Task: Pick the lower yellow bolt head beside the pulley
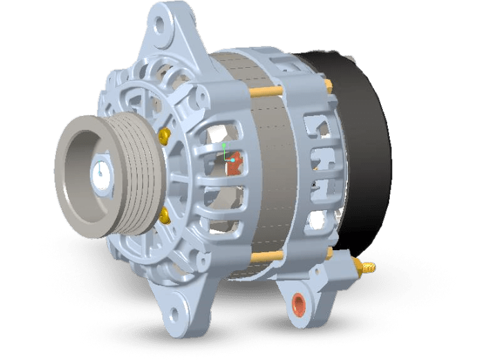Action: (x=165, y=218)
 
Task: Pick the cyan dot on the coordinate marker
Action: (x=233, y=160)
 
